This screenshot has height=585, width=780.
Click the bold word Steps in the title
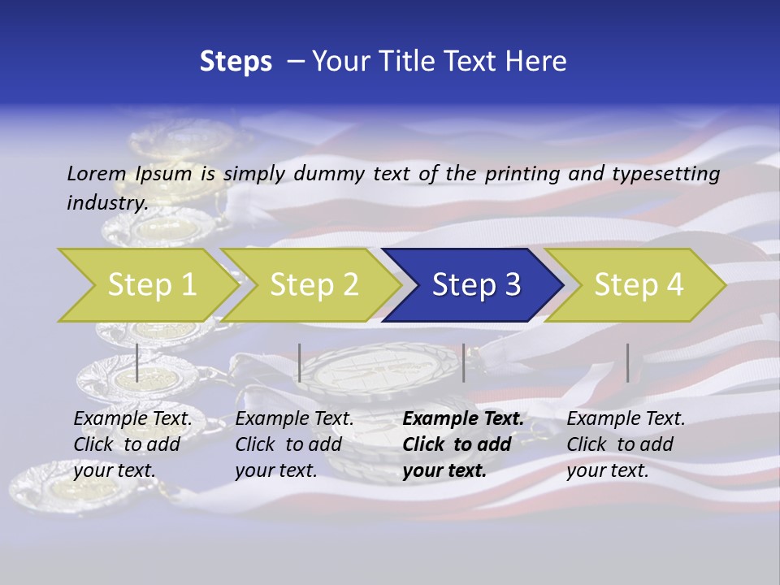point(236,62)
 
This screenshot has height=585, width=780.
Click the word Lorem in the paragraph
point(97,174)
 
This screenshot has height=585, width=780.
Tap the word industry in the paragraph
point(106,203)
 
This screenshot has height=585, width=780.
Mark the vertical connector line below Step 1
point(137,362)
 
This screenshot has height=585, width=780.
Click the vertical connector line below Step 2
point(300,362)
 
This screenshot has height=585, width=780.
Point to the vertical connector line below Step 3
point(464,362)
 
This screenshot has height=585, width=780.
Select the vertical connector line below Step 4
point(628,362)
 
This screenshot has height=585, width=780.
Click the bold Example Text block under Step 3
point(463,444)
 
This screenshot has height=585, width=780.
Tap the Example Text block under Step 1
point(132,444)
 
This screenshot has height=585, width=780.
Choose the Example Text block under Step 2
point(294,444)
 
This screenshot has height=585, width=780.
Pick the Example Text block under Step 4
point(626,444)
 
